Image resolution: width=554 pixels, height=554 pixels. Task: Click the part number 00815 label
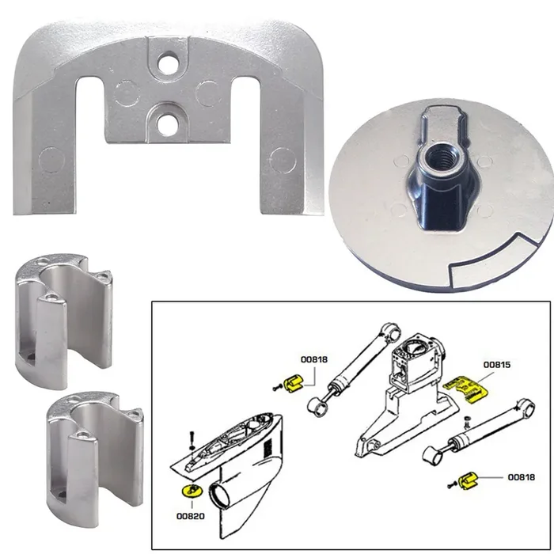[476, 365]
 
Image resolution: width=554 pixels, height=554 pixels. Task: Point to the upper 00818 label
[315, 359]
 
